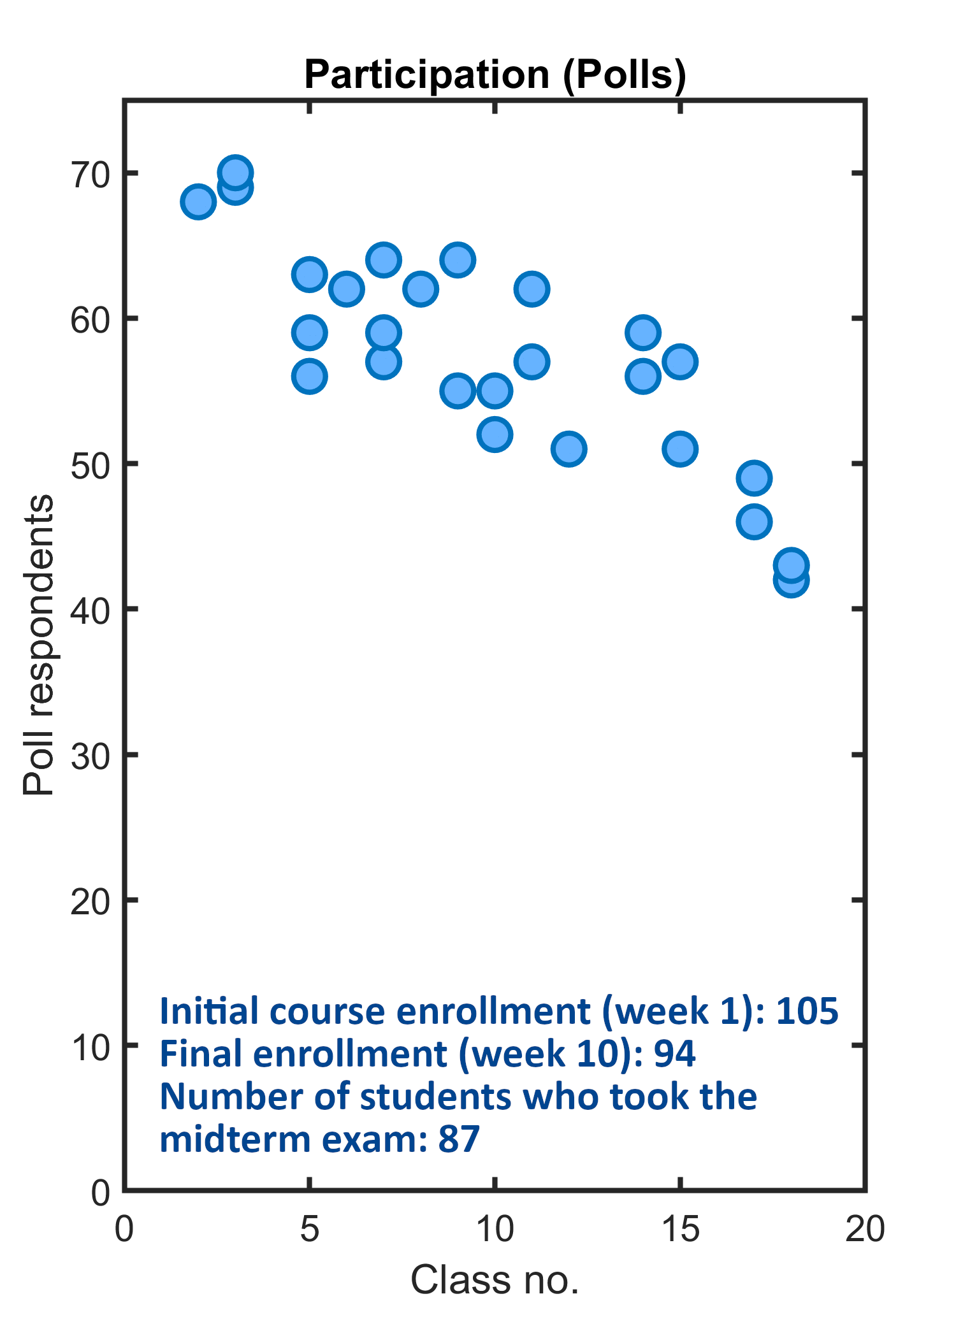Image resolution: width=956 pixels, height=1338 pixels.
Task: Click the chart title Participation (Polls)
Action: (x=495, y=75)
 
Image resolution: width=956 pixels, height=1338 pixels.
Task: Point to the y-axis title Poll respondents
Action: (x=38, y=645)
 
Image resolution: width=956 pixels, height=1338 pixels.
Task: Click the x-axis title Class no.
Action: (x=495, y=1279)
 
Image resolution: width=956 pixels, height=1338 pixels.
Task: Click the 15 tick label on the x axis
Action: (x=681, y=1228)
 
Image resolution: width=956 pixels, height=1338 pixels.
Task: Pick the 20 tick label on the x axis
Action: (x=865, y=1228)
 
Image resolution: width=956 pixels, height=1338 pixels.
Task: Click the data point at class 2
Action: (x=198, y=202)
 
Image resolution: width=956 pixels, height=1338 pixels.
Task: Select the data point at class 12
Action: (x=569, y=449)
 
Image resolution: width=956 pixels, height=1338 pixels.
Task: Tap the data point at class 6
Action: (x=346, y=289)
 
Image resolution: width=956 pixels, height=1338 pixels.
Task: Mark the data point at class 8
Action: (x=421, y=289)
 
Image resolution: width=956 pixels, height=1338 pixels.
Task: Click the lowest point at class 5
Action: (x=309, y=377)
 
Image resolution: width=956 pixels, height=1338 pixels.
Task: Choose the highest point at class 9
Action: (x=458, y=260)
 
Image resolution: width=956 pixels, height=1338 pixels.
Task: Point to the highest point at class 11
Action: (x=532, y=289)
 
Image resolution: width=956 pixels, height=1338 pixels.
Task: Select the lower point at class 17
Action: (x=754, y=522)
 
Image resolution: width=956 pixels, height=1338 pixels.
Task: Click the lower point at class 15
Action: (x=680, y=449)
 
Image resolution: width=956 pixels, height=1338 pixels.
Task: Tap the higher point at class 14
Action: (x=642, y=333)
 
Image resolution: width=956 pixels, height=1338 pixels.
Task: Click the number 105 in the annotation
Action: (x=806, y=1011)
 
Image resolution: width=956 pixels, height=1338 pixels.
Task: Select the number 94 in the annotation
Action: (x=674, y=1054)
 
